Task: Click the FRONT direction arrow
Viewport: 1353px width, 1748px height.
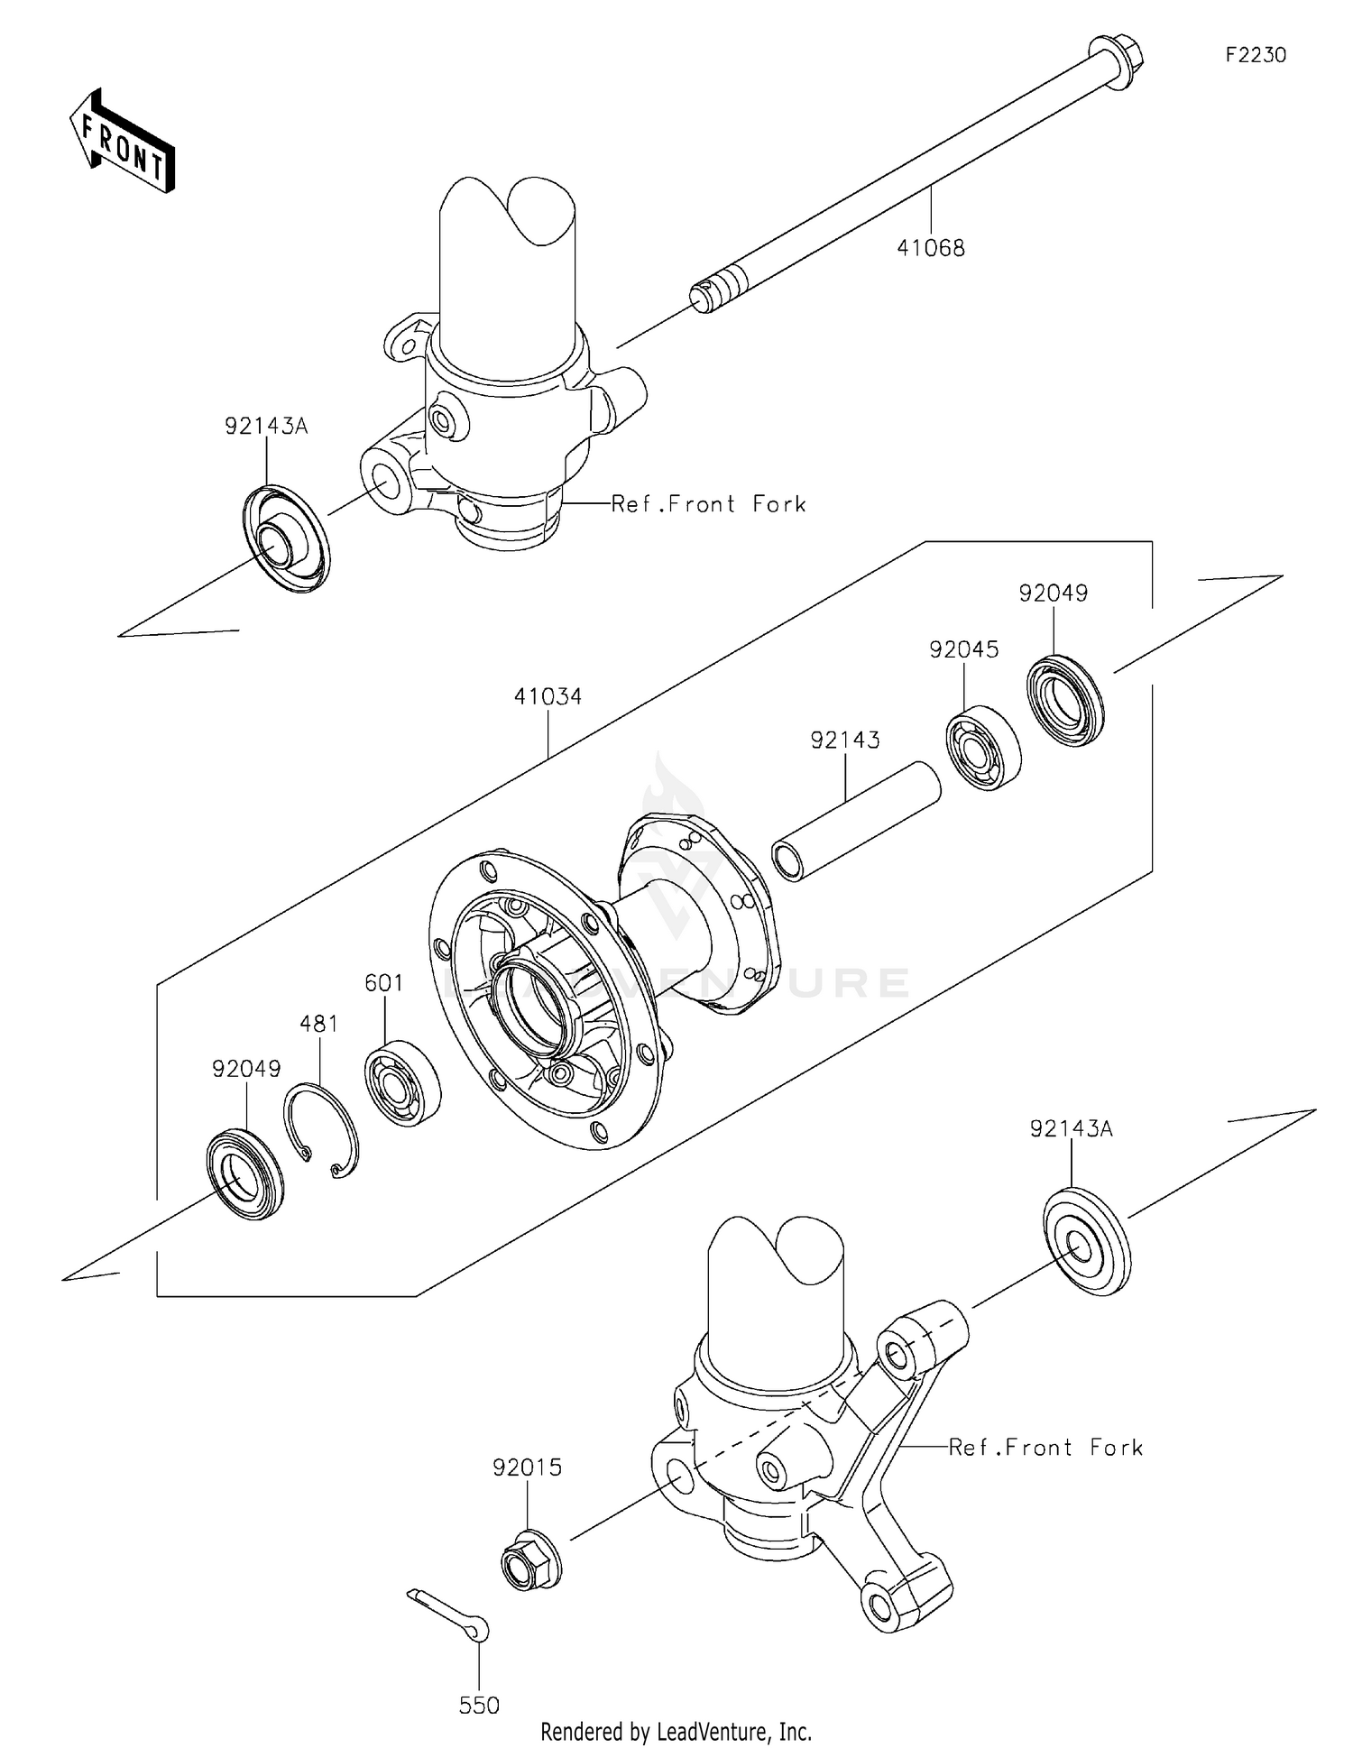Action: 123,142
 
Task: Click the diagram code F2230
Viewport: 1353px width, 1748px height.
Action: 1255,55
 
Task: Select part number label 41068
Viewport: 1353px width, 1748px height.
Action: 930,248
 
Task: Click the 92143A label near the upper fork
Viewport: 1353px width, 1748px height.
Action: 266,427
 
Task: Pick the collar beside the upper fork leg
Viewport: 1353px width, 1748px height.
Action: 286,538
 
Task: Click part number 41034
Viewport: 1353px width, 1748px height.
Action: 548,696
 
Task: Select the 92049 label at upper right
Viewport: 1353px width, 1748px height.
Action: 1053,593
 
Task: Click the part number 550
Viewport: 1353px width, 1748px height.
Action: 479,1705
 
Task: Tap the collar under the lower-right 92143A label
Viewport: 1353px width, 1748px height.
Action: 1086,1243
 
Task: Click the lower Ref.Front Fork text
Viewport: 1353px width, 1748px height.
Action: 1045,1448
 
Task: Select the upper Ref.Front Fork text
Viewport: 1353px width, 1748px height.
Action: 708,504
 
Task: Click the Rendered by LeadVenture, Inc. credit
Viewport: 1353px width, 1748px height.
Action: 676,1731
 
